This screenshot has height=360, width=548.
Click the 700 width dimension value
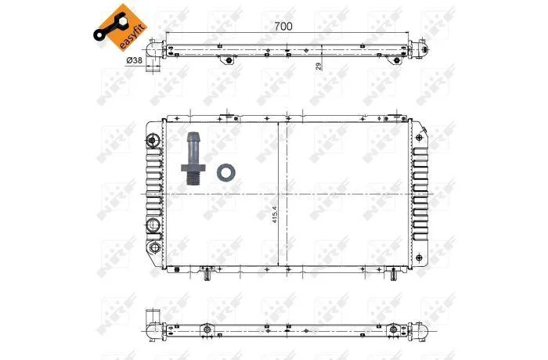283,26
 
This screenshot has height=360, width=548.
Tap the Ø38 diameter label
134,60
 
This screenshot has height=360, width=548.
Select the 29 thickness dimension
319,67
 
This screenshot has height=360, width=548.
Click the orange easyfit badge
121,28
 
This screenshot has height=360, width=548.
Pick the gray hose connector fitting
193,158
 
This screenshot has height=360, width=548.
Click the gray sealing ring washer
225,172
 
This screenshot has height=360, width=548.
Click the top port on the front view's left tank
152,140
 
